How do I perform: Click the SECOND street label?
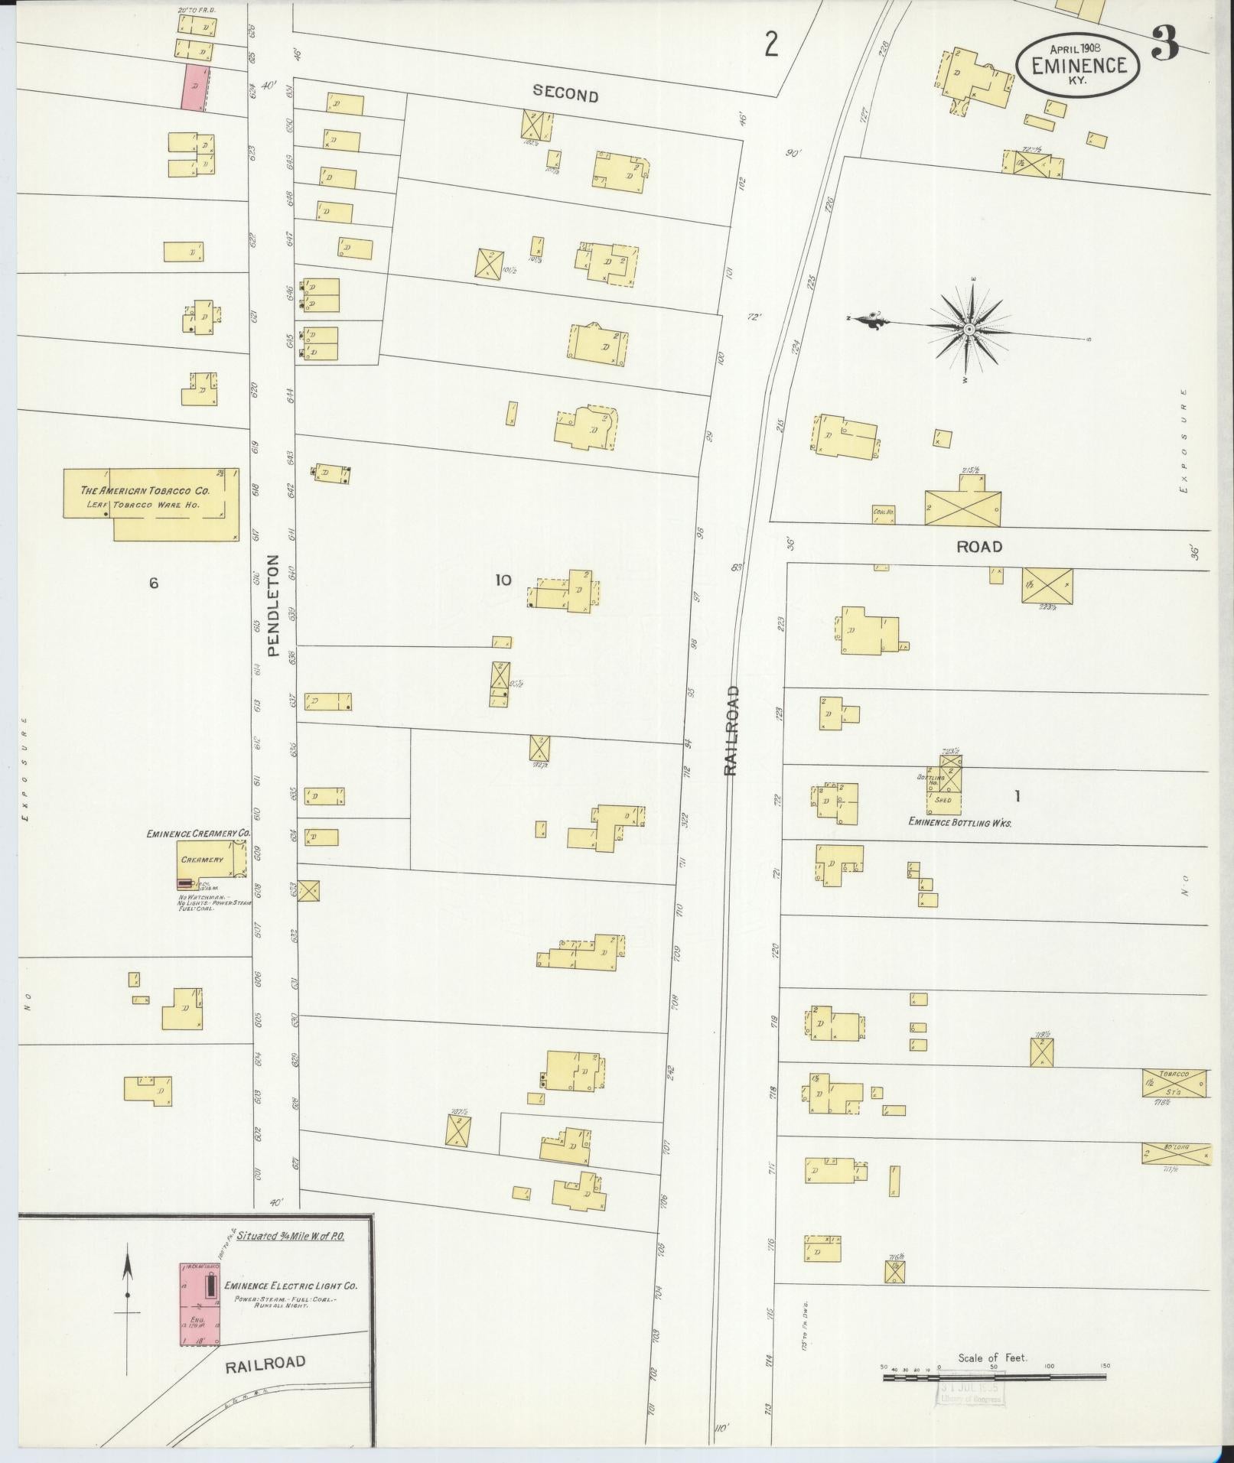565,95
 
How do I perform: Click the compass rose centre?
969,329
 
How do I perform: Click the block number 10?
502,580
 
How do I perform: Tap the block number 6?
154,584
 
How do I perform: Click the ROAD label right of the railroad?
978,547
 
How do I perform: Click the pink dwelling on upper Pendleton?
194,86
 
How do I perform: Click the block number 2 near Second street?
771,46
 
